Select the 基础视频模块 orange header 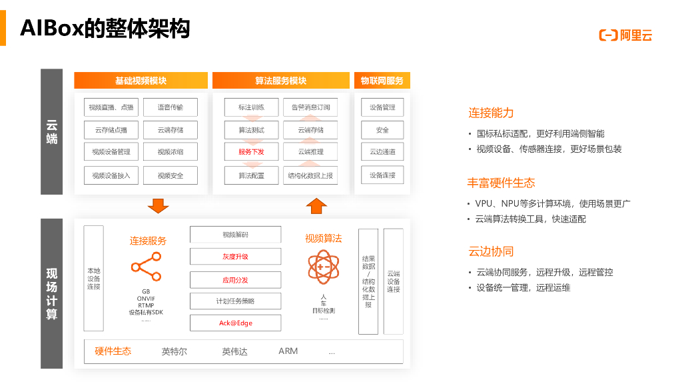click(x=141, y=81)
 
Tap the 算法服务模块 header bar click(x=280, y=81)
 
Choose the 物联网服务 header click(x=382, y=81)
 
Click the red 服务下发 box click(x=251, y=152)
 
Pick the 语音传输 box click(x=170, y=107)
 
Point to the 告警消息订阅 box click(x=310, y=107)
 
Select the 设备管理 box click(x=382, y=107)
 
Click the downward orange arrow click(x=159, y=205)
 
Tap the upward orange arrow click(x=317, y=206)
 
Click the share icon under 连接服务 click(x=147, y=267)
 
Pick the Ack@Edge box click(x=236, y=323)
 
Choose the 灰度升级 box click(x=236, y=257)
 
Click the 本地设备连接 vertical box click(x=93, y=278)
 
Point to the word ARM click(x=288, y=351)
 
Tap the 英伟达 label click(x=234, y=351)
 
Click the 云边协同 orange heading click(x=491, y=251)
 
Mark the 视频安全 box click(x=170, y=175)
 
